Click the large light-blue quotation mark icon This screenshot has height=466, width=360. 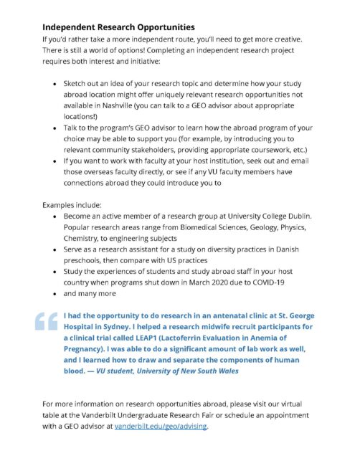(47, 321)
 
